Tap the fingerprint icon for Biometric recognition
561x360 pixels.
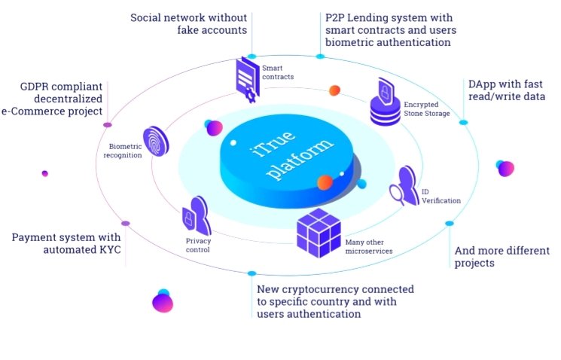point(156,141)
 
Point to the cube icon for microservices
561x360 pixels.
point(319,231)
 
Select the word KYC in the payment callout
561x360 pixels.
point(107,250)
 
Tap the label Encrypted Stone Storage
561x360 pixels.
point(426,109)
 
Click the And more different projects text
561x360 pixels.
point(502,257)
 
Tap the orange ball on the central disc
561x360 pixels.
point(325,182)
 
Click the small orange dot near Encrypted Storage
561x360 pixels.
point(334,90)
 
